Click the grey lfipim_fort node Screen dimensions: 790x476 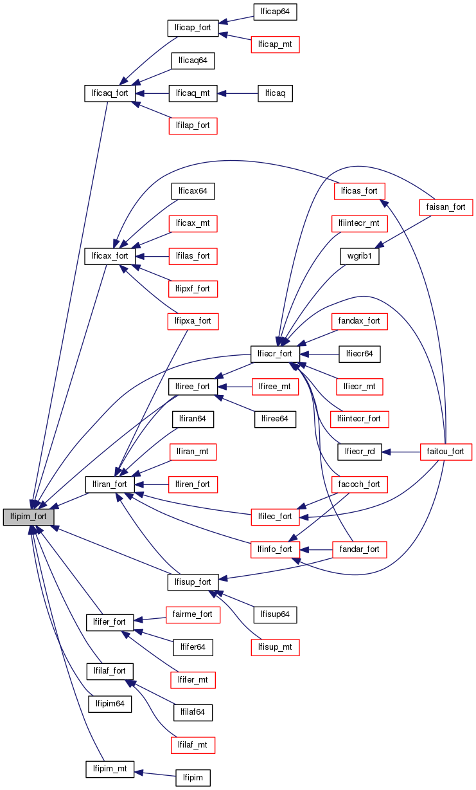[28, 517]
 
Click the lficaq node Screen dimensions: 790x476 [275, 93]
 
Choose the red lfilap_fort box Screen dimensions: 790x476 [193, 125]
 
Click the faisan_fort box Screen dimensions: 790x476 [445, 207]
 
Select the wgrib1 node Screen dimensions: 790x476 [360, 255]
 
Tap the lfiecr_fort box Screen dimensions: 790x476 [274, 353]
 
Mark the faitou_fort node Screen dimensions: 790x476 [445, 451]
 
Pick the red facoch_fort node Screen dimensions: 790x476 [359, 484]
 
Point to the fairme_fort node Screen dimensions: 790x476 [193, 614]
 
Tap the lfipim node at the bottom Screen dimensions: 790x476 [193, 778]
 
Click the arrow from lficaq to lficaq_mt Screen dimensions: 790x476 [237, 93]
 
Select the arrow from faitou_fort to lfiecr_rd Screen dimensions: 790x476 [400, 452]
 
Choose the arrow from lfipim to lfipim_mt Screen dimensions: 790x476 [155, 773]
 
